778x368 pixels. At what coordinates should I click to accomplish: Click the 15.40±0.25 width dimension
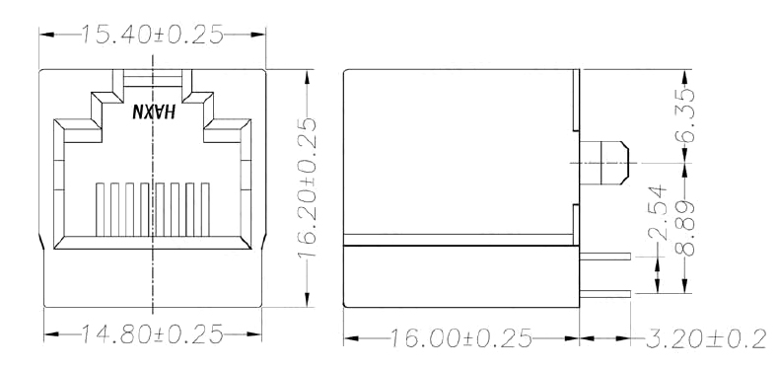tap(152, 35)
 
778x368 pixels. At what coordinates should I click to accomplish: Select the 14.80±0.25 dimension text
tap(152, 334)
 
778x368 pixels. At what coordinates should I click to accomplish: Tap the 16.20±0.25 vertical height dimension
tap(308, 188)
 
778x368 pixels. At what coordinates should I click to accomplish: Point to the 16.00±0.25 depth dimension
tap(460, 338)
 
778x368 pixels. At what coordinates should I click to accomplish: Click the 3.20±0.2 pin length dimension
tap(707, 339)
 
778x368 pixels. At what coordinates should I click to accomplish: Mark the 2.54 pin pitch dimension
tap(658, 213)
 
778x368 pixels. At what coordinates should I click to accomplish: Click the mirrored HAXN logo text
tap(154, 111)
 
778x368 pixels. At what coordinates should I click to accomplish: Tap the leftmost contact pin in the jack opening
tap(100, 209)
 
